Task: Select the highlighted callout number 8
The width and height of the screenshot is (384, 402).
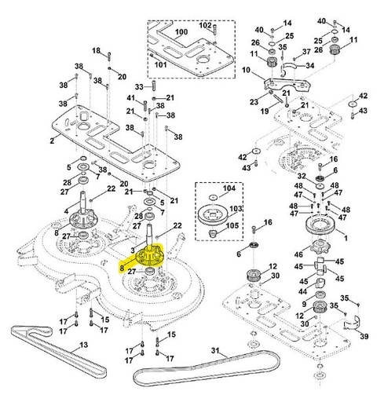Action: pos(122,267)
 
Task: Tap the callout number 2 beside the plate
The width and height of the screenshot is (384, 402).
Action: pos(51,141)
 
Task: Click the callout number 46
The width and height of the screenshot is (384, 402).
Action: pos(299,255)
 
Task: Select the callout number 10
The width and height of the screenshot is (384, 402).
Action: pos(245,71)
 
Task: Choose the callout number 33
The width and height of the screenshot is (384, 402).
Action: pos(139,86)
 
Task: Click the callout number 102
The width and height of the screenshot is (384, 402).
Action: pos(203,25)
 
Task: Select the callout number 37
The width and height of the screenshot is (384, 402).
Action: pos(307,51)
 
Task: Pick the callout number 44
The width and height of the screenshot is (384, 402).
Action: pos(302,291)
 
